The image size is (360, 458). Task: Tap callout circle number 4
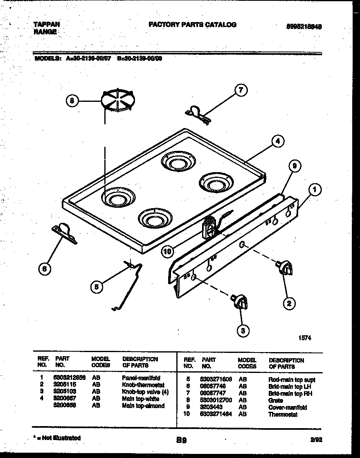[277, 141]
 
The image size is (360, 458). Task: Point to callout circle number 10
[167, 251]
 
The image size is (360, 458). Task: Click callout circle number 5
[97, 287]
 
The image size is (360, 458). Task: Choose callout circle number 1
[314, 189]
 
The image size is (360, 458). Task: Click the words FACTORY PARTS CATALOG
[192, 25]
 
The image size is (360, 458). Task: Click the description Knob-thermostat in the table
[143, 385]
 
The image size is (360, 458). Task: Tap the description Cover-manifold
[287, 407]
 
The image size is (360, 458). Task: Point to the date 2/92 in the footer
[316, 440]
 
